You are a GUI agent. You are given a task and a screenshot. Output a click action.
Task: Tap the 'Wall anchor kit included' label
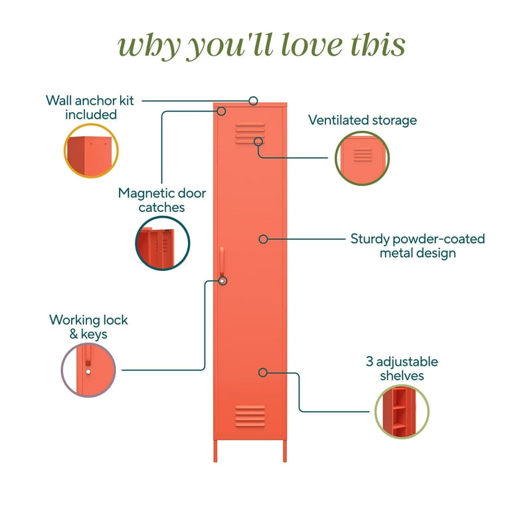[x=90, y=108]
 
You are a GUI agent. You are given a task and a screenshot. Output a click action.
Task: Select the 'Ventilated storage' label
[x=363, y=120]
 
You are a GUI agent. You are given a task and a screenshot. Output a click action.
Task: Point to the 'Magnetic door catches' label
[x=161, y=200]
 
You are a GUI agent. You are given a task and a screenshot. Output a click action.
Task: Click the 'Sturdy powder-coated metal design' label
[x=418, y=246]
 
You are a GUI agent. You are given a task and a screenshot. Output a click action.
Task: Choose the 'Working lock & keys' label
[x=88, y=327]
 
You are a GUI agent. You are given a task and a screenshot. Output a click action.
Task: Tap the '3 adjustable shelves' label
[x=402, y=369]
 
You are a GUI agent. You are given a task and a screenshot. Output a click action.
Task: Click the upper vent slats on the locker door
[x=250, y=133]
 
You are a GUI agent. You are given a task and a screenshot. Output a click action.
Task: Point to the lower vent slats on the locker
[x=250, y=416]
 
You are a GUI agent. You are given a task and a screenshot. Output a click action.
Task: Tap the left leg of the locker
[x=215, y=451]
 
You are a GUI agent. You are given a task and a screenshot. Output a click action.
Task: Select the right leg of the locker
[x=285, y=451]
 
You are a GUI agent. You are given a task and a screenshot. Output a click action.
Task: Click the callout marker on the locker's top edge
[x=254, y=101]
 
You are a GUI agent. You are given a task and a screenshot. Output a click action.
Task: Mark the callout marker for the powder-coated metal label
[x=263, y=239]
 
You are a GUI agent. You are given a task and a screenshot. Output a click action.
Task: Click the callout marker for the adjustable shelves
[x=263, y=373]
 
